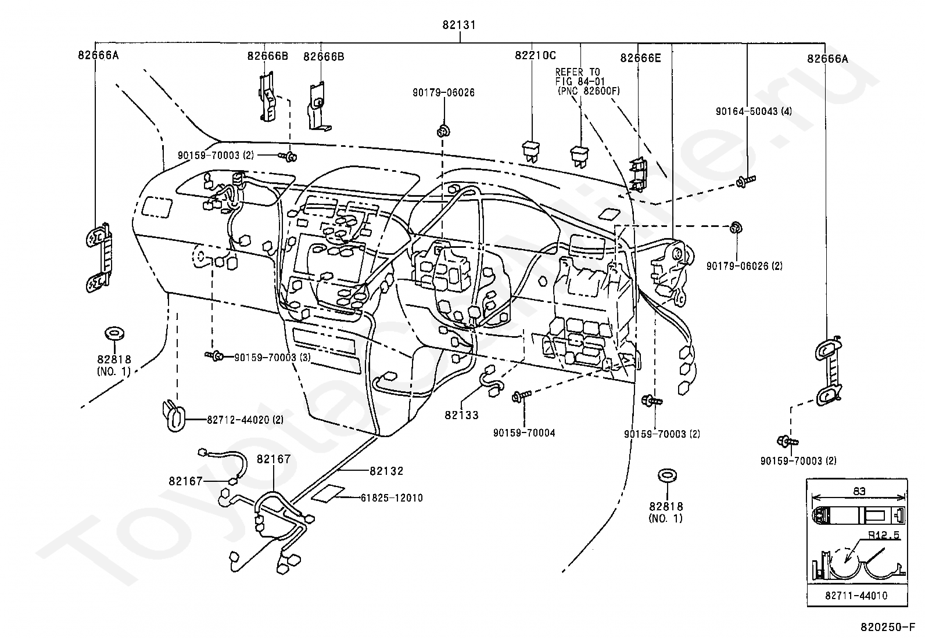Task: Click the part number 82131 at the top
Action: click(459, 25)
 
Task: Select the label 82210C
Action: click(535, 55)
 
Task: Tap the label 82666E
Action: click(640, 58)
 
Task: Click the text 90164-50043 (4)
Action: click(754, 111)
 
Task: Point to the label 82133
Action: click(461, 414)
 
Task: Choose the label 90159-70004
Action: click(524, 433)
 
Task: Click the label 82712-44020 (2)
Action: click(245, 420)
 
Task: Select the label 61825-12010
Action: click(392, 498)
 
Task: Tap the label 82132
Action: click(386, 471)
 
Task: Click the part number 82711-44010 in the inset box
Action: click(856, 596)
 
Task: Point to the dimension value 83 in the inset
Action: click(859, 491)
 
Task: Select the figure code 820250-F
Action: click(888, 627)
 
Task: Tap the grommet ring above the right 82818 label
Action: click(668, 475)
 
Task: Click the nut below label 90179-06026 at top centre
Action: click(443, 131)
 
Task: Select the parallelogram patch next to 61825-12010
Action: click(328, 493)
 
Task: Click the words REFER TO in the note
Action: click(578, 72)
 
